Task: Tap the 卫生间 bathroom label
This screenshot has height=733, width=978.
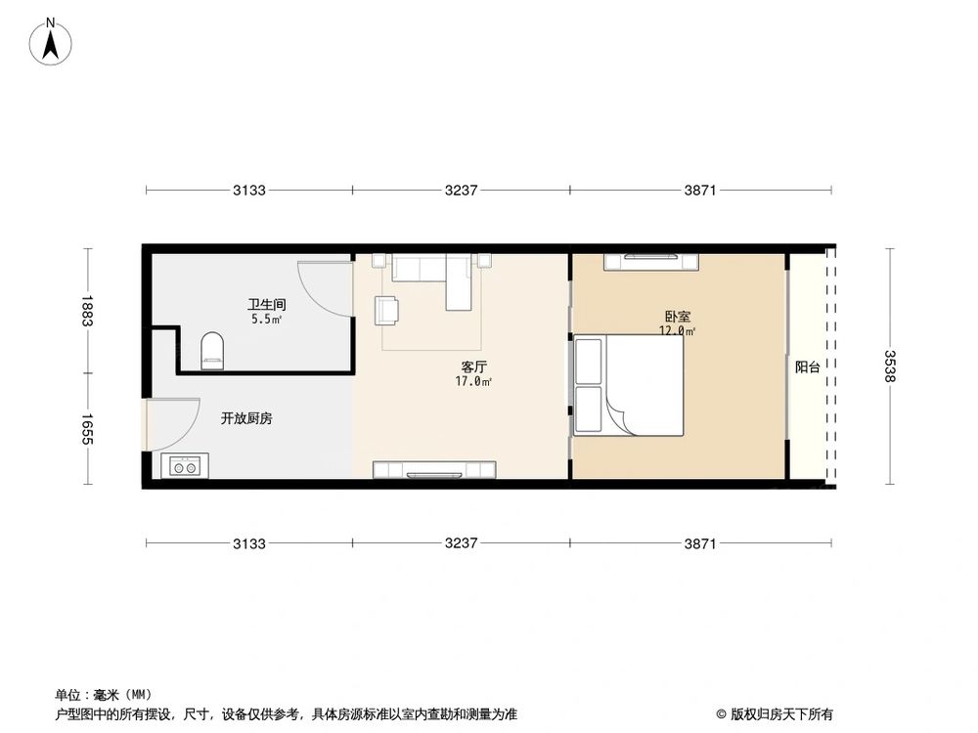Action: pyautogui.click(x=266, y=304)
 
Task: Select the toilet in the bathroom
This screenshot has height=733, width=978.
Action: pyautogui.click(x=211, y=351)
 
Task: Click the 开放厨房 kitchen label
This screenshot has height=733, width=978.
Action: pyautogui.click(x=246, y=418)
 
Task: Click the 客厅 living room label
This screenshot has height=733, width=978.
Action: pyautogui.click(x=474, y=367)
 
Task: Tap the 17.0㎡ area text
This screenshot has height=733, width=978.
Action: pyautogui.click(x=474, y=382)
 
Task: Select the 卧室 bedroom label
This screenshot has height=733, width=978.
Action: pyautogui.click(x=677, y=317)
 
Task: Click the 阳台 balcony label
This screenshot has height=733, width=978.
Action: pyautogui.click(x=808, y=367)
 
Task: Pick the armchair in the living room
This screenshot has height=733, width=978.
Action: pyautogui.click(x=387, y=310)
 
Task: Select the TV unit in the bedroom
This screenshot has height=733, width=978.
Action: pyautogui.click(x=652, y=260)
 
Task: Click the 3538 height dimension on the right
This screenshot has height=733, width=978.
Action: pyautogui.click(x=890, y=367)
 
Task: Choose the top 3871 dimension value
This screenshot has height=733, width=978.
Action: pyautogui.click(x=700, y=191)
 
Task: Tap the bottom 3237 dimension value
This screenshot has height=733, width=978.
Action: pyautogui.click(x=461, y=543)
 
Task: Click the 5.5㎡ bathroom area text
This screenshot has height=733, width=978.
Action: pyautogui.click(x=266, y=319)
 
